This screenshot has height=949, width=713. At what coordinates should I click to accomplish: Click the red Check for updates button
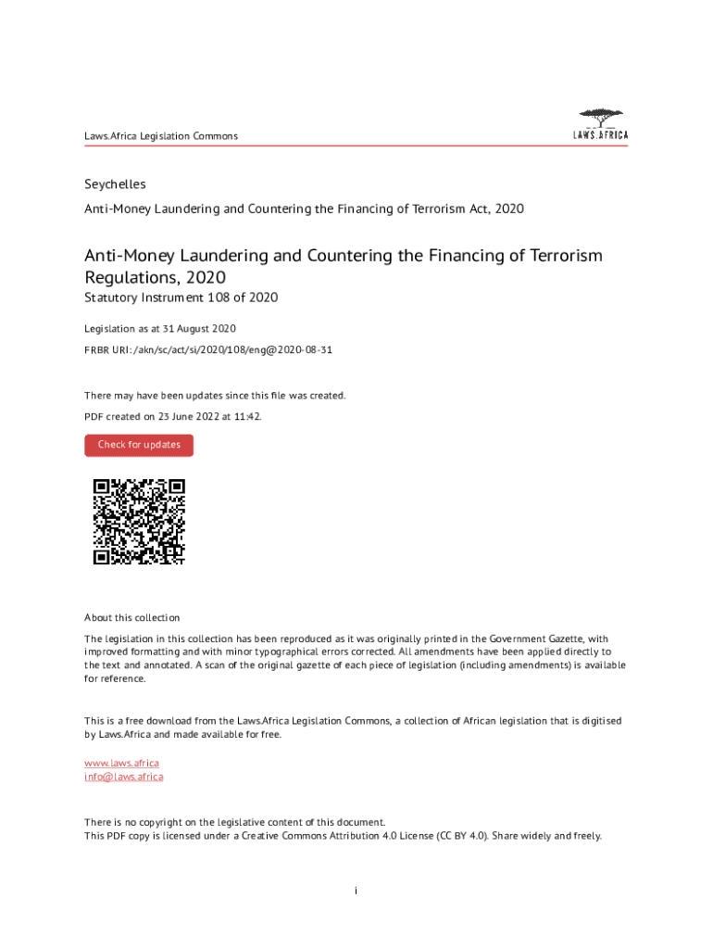(139, 445)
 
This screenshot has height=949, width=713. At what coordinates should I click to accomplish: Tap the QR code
(139, 522)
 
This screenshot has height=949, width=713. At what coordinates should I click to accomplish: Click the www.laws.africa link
(115, 763)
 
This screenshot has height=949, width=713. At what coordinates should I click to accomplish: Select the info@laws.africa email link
(123, 777)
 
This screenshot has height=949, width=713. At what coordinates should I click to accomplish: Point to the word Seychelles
(115, 184)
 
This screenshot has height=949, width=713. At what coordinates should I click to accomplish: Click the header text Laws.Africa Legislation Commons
(161, 136)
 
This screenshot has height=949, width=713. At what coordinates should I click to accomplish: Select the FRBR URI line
(208, 351)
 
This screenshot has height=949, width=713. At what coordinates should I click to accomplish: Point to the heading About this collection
(131, 617)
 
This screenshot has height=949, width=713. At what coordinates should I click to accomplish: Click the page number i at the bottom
(356, 891)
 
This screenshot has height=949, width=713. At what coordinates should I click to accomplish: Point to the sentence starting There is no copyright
(234, 822)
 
